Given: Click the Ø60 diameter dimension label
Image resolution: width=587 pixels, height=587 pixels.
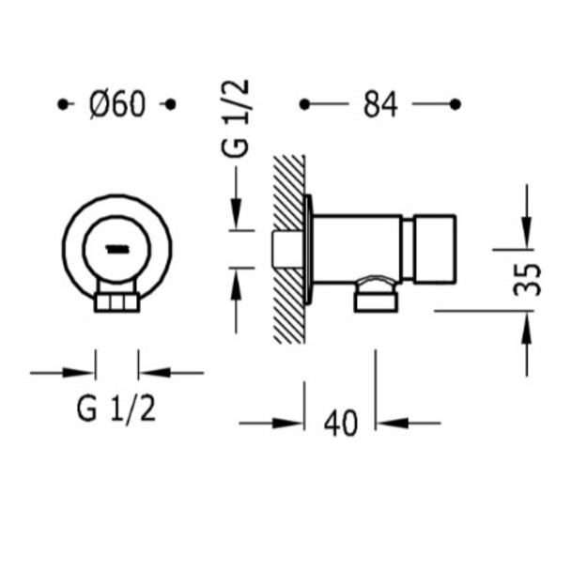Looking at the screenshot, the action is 117,105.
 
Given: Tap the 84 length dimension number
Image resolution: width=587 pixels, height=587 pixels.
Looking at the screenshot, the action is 380,105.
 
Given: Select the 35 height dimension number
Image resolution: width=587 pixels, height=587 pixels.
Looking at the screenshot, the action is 528,280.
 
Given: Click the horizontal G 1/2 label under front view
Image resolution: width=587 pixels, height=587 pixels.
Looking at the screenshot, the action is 116,409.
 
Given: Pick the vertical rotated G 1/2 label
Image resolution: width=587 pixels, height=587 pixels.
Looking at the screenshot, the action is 235,117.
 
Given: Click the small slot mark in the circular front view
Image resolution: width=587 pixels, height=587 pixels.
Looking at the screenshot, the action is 118,249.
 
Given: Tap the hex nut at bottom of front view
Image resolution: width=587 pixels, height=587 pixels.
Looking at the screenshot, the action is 116,302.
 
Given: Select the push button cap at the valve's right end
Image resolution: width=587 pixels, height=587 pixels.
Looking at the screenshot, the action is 435,249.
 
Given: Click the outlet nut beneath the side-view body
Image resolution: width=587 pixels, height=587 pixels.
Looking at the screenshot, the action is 376,301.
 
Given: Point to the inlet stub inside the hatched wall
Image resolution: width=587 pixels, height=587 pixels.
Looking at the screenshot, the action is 287,249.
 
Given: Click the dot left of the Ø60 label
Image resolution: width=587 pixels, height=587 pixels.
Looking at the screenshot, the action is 63,104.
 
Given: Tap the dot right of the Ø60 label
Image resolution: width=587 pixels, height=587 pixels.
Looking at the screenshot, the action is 170,104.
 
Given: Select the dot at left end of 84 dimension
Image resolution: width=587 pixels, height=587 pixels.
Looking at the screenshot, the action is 304,104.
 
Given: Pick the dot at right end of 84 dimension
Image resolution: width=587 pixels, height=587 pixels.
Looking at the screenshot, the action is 455,104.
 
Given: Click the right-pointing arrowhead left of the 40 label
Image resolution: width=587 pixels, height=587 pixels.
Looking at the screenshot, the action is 287,424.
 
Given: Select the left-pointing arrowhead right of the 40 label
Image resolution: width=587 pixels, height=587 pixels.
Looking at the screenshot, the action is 392,424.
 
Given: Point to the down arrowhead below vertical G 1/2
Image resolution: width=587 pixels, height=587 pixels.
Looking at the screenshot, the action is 236,215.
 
